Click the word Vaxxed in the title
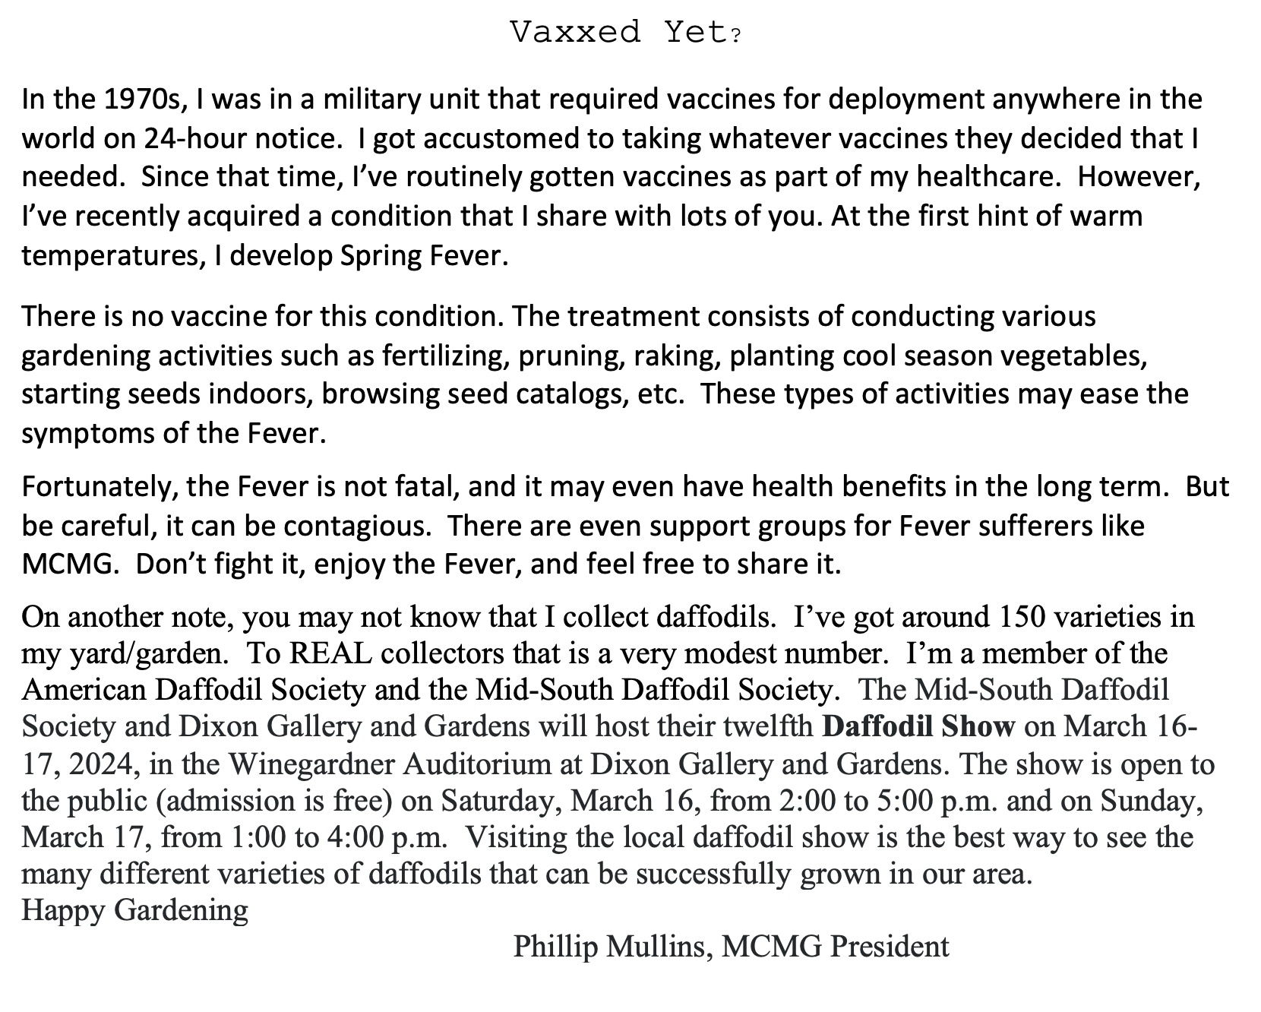click(575, 33)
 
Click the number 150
click(1017, 616)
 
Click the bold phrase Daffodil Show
click(918, 727)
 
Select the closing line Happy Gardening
click(135, 910)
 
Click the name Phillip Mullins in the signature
click(613, 947)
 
